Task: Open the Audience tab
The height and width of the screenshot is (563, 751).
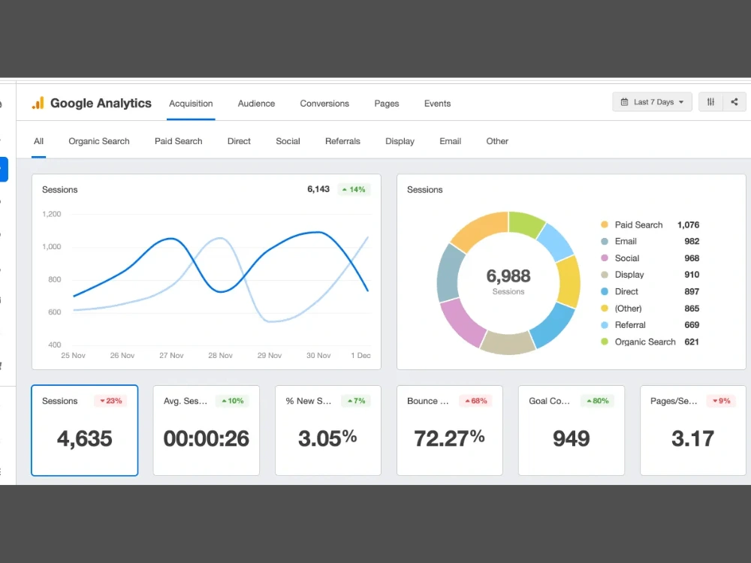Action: tap(256, 104)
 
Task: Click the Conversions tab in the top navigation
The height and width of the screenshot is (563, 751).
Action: tap(324, 104)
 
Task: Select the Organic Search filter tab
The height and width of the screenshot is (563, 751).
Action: tap(98, 141)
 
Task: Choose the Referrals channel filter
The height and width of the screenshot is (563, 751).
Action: tap(342, 141)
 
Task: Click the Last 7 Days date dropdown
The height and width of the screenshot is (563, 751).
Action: tap(652, 102)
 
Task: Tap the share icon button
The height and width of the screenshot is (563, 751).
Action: tap(734, 102)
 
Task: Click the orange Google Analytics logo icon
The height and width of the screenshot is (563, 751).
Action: tap(38, 103)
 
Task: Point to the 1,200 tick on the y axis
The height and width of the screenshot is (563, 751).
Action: tap(51, 214)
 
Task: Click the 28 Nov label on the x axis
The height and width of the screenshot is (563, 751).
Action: tap(220, 355)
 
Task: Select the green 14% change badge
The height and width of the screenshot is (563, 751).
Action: tap(354, 190)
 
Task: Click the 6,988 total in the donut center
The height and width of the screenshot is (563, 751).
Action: tap(508, 275)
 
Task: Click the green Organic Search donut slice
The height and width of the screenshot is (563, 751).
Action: tap(526, 224)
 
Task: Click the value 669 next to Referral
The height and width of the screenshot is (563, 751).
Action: tap(692, 325)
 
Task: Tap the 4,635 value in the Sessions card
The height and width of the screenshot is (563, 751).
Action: tap(84, 438)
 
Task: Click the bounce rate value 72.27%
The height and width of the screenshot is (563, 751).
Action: tap(449, 438)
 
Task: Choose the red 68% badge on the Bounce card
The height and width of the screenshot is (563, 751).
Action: tap(475, 401)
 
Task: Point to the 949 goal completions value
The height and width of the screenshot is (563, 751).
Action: tap(571, 438)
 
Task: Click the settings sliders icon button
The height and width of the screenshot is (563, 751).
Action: tap(710, 102)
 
